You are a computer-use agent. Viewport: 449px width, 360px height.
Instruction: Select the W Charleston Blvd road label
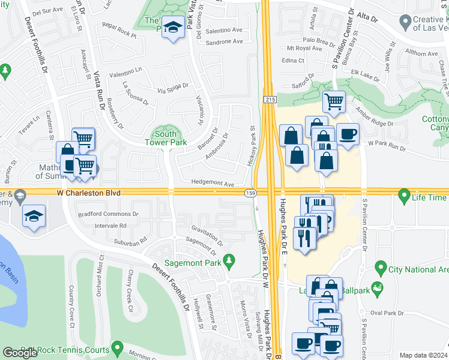[x=89, y=193]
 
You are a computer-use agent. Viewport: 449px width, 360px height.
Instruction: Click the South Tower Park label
[x=165, y=139]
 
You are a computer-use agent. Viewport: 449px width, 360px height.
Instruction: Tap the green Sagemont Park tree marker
[x=228, y=260]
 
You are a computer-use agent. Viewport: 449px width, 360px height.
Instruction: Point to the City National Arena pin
[x=379, y=267]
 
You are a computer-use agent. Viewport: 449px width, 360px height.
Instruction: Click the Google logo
[x=20, y=353]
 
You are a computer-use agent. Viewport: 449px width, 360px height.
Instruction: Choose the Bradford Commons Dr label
[x=107, y=214]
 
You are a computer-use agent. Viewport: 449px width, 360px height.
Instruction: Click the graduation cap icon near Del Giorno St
[x=173, y=28]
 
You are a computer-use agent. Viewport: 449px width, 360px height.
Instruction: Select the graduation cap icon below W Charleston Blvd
[x=34, y=216]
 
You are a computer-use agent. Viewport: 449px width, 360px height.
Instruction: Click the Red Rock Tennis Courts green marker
[x=118, y=348]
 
